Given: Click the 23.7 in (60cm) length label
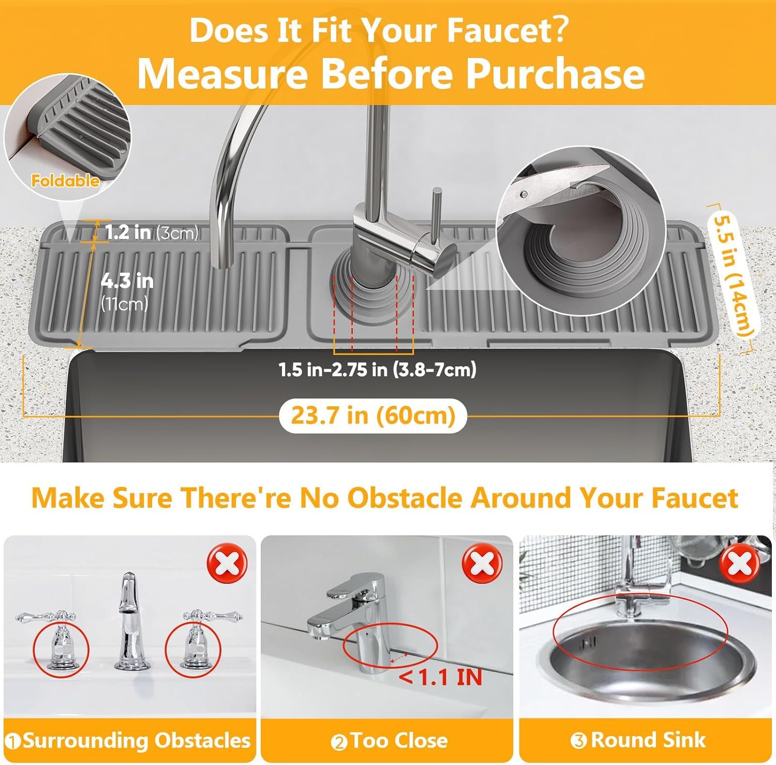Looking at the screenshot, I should [373, 416].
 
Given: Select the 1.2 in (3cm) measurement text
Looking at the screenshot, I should [151, 232].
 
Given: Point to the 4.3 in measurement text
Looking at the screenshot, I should [127, 281].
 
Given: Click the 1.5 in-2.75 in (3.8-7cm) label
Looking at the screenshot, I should [377, 370].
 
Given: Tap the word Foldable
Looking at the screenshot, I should [65, 181].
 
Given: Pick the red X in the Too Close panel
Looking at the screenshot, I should [482, 564].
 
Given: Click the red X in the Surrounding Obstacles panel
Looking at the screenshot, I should [227, 564].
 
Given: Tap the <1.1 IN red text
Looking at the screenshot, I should [440, 677].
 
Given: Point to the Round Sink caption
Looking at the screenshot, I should [648, 740].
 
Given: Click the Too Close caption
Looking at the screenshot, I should [398, 741].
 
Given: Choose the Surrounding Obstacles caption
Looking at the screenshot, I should [136, 741].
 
